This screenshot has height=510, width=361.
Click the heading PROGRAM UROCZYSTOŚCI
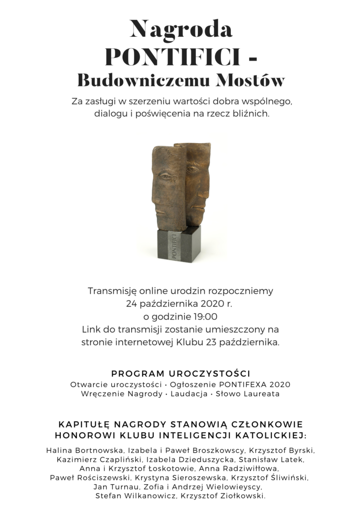(180, 373)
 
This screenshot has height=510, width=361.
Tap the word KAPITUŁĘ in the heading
(81, 424)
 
